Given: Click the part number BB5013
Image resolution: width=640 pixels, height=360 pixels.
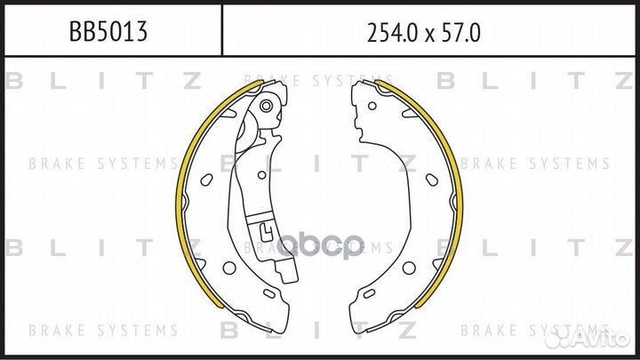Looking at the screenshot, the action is (108, 31).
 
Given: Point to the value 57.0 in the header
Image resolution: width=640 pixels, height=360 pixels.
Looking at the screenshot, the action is (460, 33).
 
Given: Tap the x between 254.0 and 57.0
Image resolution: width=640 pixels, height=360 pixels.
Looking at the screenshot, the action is (428, 36).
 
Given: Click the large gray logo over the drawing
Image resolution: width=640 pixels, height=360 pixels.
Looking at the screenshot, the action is (320, 245).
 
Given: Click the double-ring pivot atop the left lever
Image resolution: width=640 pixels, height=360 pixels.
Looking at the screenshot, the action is (266, 106).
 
